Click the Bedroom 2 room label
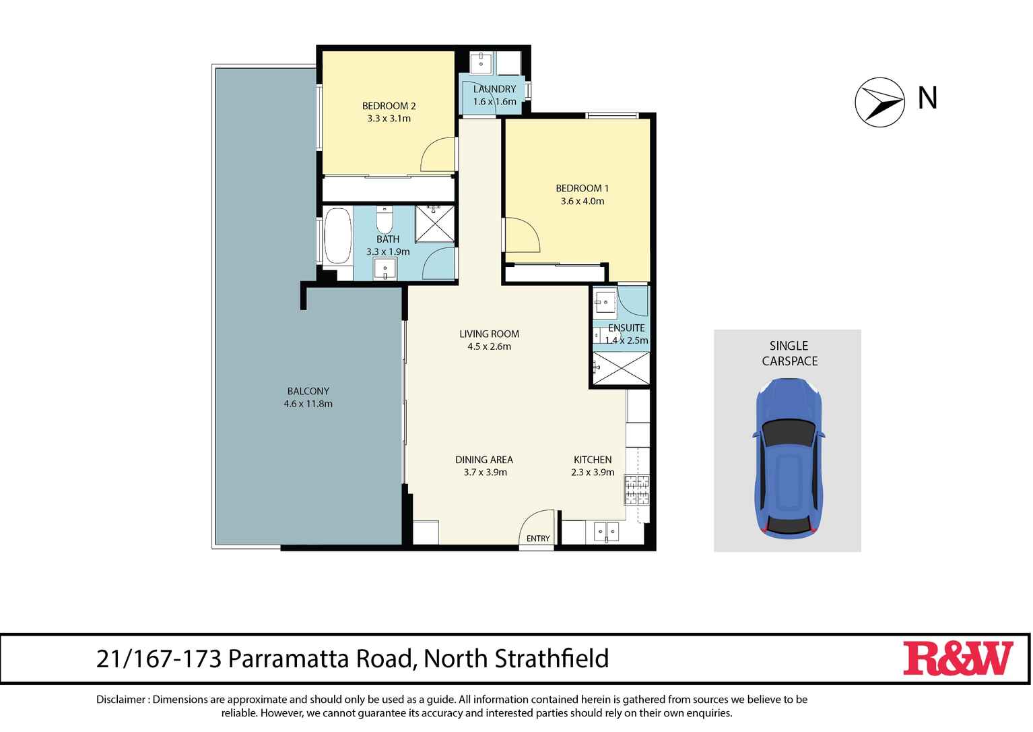pos(389,106)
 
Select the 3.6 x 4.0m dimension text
pos(582,201)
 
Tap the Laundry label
pos(494,89)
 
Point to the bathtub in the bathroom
pos(337,236)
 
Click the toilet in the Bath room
pos(384,220)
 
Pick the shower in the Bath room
pos(435,223)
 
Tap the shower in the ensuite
pos(620,368)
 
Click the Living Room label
pos(489,334)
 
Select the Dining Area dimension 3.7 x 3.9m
pos(485,472)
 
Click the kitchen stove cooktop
pos(637,490)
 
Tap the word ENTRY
pos(538,539)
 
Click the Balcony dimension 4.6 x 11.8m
pos(308,404)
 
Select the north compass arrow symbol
pos(879,102)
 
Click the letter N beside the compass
pos(927,98)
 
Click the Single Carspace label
pos(789,353)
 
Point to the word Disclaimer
pos(121,700)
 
